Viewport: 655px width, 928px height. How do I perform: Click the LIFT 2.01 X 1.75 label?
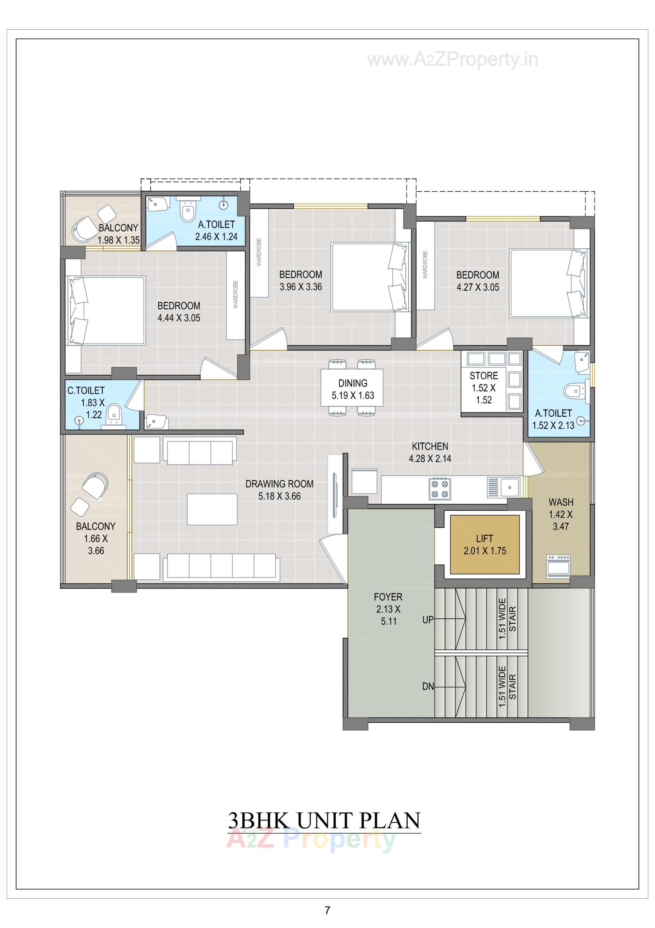pos(484,544)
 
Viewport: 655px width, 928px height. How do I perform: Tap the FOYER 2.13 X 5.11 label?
pos(388,609)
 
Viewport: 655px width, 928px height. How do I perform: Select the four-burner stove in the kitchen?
pos(440,488)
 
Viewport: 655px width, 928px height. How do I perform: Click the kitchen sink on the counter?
pos(510,487)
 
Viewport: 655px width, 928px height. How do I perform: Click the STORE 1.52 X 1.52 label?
pos(483,388)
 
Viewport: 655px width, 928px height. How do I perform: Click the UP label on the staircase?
pos(428,620)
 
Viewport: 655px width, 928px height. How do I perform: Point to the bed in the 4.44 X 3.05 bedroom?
pos(106,310)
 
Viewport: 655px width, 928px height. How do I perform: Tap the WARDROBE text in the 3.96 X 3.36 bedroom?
pos(259,252)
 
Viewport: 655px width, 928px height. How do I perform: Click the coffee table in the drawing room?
pos(212,509)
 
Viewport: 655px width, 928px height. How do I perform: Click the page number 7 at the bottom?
pos(327,910)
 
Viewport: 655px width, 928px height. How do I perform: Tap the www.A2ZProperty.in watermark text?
pos(452,60)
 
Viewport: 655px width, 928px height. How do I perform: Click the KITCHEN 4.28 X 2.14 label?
pos(430,452)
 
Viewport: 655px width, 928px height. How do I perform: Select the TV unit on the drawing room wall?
pos(335,494)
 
